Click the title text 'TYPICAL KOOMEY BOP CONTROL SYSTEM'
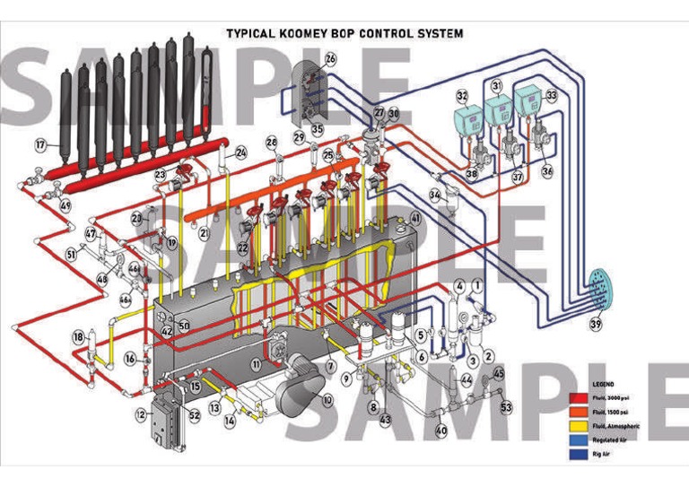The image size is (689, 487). coord(344,33)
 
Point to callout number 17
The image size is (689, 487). coord(40,144)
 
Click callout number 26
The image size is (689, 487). coord(330,59)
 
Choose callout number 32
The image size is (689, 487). coord(462,94)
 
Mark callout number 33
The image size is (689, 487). coord(551,94)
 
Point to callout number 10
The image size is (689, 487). coord(327,399)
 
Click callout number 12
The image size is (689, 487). coord(140,414)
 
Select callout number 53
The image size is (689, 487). coord(506,408)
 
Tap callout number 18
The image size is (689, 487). coord(79,337)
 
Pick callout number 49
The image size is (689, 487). coord(65,205)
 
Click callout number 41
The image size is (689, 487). coord(415,218)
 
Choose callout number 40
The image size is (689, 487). coord(440,430)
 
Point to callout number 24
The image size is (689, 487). coord(240,153)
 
